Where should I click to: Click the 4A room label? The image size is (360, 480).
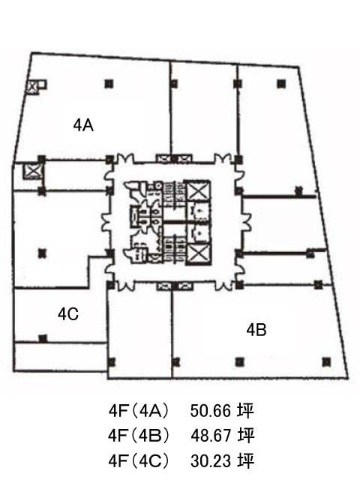(83, 125)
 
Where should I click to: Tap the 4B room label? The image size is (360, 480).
(256, 330)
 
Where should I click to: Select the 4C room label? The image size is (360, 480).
(68, 314)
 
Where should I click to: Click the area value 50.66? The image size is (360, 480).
(210, 410)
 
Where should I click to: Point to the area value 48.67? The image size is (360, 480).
(210, 435)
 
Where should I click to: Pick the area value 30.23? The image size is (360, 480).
(210, 460)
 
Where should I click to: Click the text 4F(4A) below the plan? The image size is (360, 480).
(138, 411)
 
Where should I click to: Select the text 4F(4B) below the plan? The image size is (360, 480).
(138, 436)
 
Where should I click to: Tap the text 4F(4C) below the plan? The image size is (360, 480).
(138, 461)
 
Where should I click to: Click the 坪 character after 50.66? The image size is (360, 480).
(245, 410)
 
